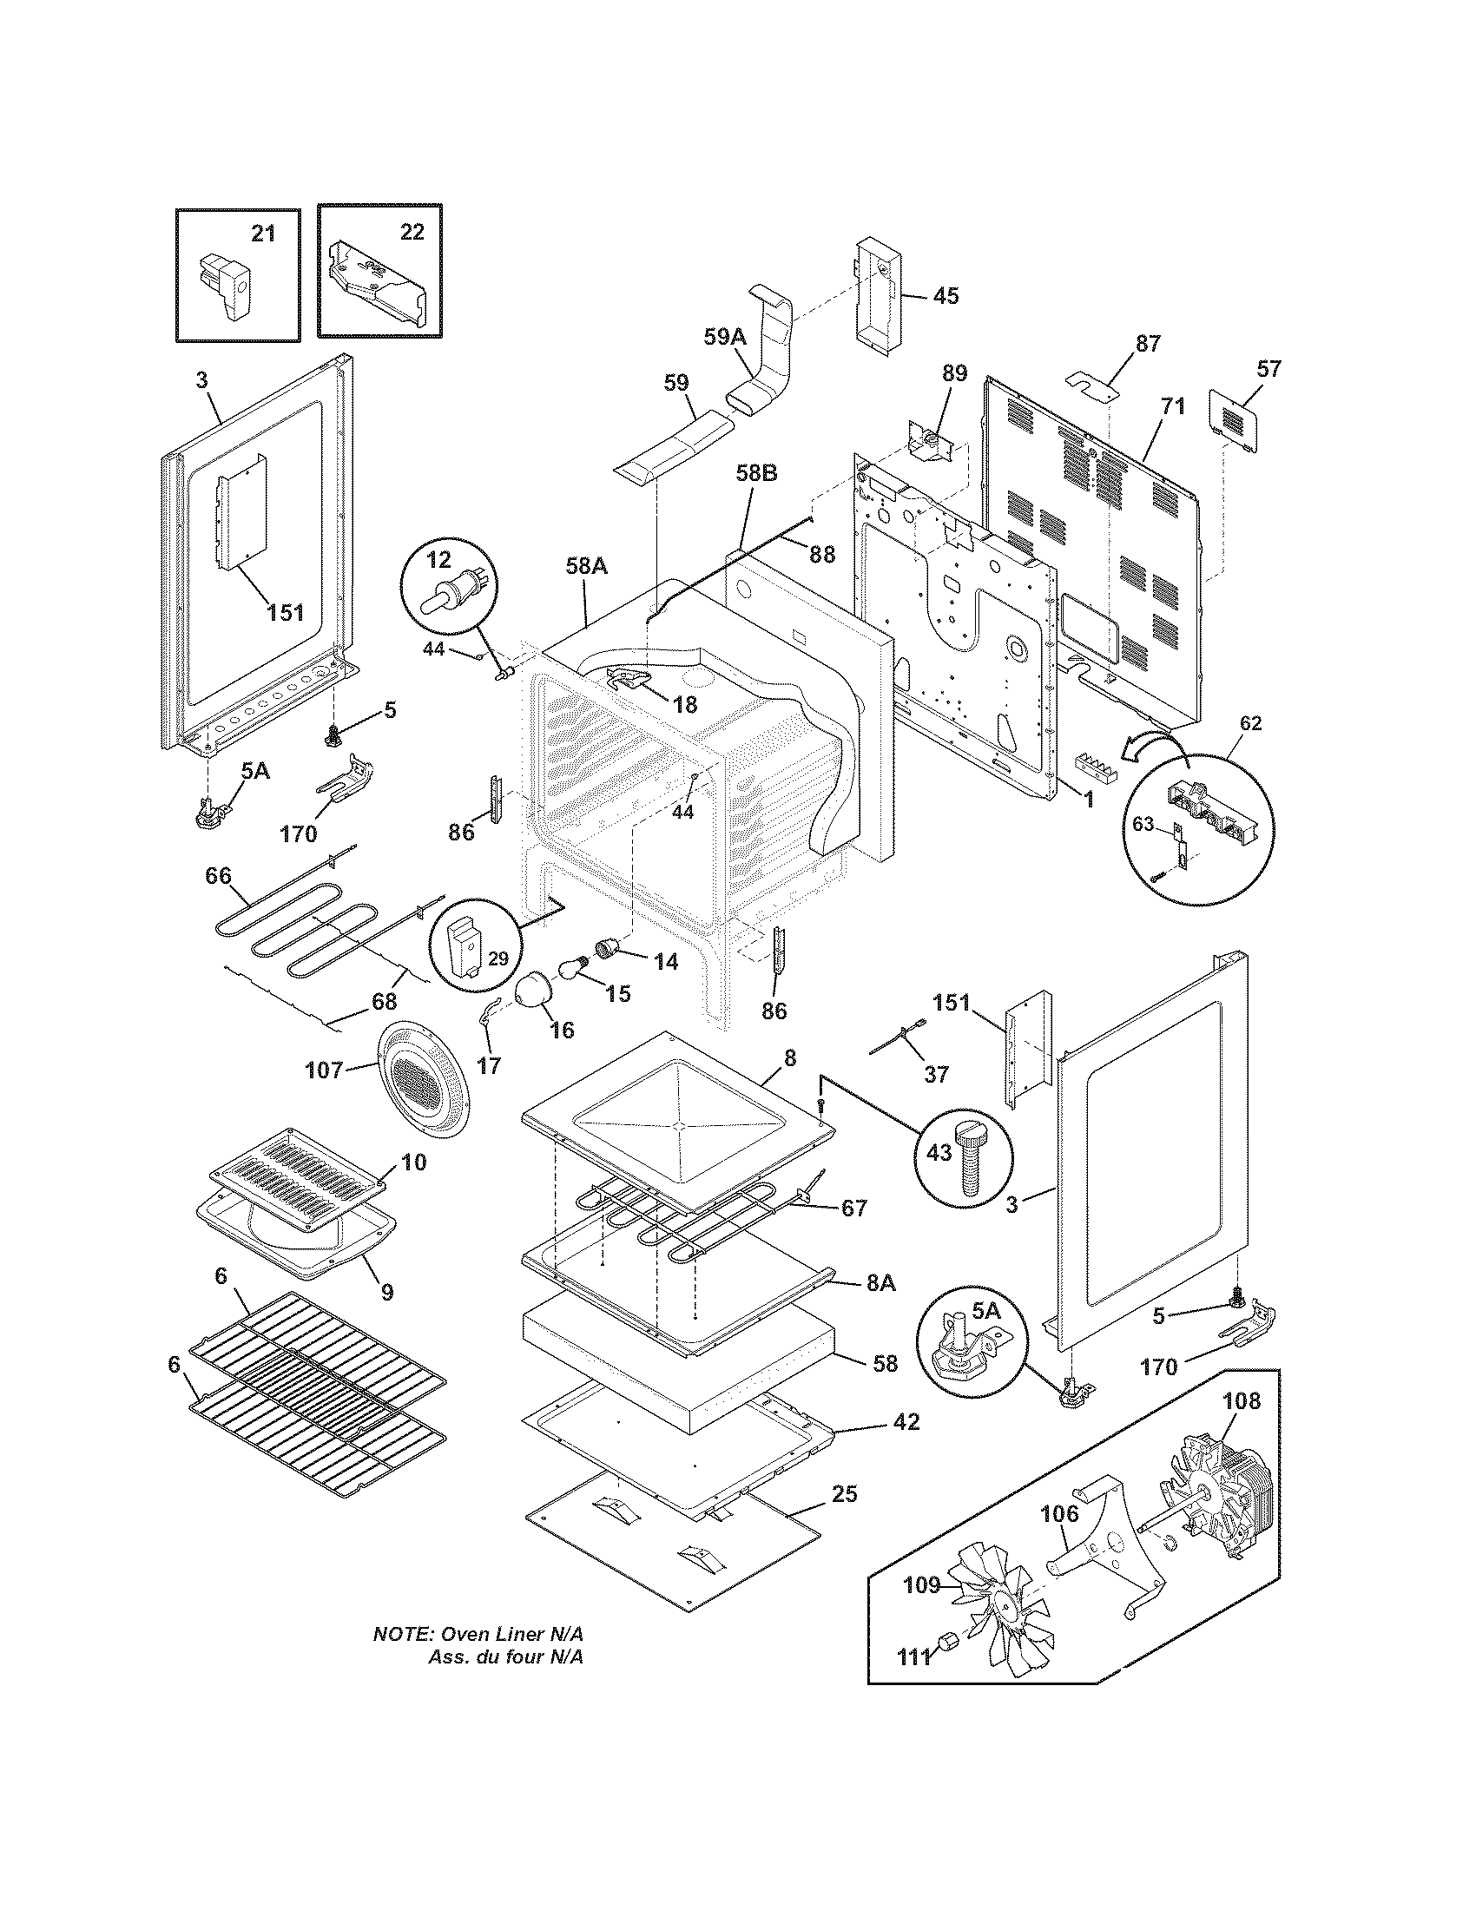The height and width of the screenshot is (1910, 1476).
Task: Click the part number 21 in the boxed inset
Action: [x=263, y=233]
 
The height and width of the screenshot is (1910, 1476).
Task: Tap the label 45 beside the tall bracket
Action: [x=945, y=295]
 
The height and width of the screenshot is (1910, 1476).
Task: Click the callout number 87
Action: [x=1147, y=344]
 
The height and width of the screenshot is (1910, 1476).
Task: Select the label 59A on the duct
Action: [x=725, y=336]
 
